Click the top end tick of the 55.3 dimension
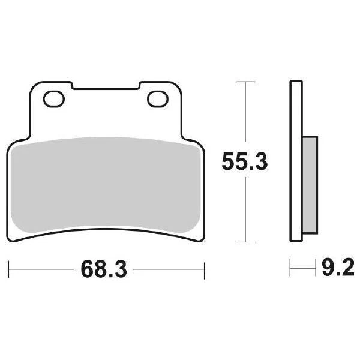click(x=244, y=81)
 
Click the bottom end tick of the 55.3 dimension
click(x=244, y=242)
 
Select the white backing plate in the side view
click(x=295, y=162)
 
